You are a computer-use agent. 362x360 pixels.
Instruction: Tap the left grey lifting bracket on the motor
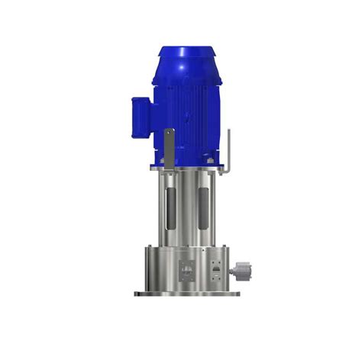click(169, 145)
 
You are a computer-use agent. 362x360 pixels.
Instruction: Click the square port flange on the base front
click(186, 270)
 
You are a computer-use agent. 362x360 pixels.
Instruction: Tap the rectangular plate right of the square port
click(216, 270)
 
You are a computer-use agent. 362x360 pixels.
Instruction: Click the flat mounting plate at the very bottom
click(187, 294)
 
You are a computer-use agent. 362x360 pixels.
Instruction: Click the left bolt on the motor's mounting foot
click(163, 162)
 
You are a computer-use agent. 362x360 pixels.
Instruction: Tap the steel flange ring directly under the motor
click(187, 173)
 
